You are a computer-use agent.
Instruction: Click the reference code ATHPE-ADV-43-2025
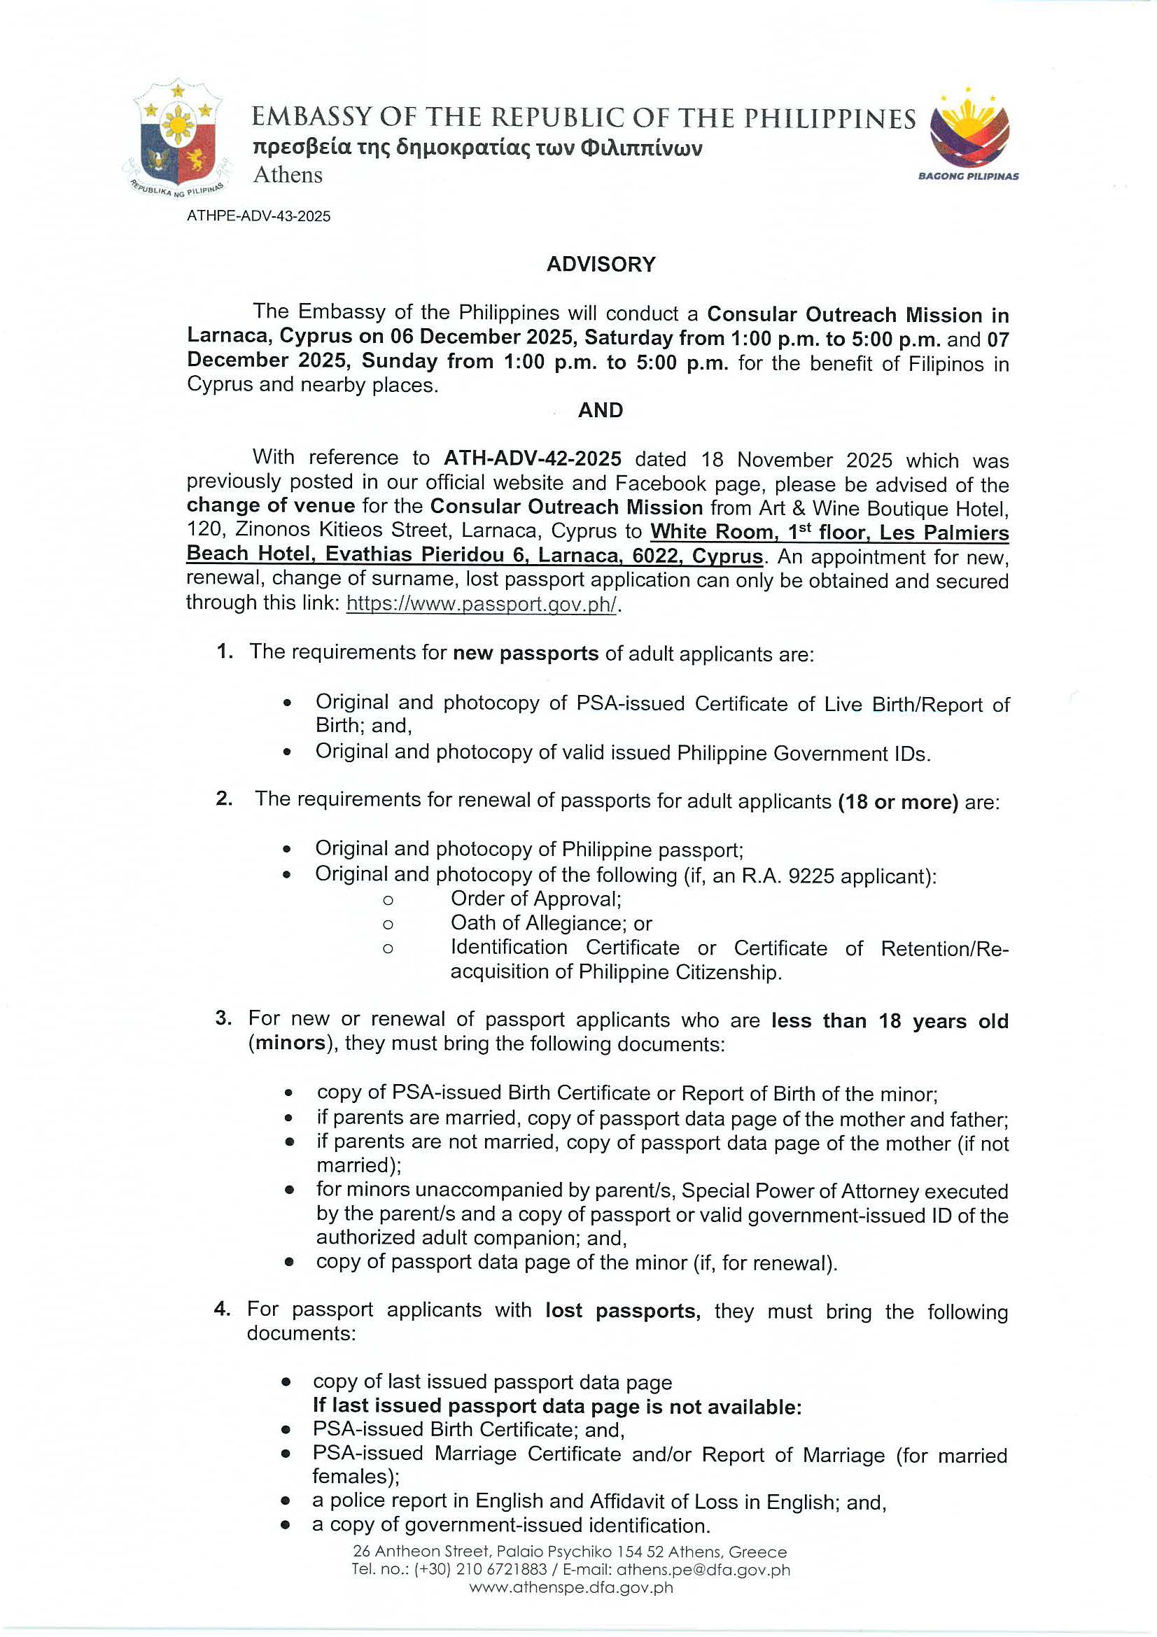259,216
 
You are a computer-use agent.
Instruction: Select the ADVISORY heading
601,265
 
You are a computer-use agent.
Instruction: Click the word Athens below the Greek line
288,176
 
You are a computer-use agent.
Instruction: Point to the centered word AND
601,410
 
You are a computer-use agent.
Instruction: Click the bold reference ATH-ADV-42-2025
533,458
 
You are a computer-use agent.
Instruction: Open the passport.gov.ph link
482,605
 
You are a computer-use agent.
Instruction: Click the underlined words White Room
711,532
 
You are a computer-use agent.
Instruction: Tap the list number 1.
225,652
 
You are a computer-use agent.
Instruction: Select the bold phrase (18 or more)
898,801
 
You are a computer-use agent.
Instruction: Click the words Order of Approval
535,899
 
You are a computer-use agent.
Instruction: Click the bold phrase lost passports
622,1310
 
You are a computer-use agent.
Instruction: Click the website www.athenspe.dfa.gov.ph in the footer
571,1587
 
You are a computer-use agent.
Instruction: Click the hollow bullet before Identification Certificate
388,949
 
